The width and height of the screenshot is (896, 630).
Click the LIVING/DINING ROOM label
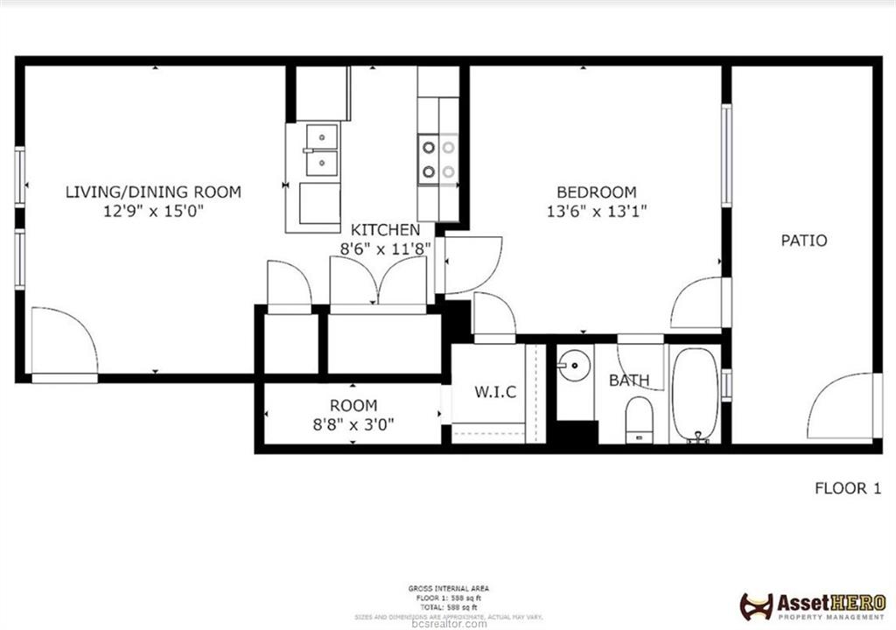coord(153,192)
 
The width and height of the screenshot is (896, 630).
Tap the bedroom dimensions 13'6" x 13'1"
coord(597,210)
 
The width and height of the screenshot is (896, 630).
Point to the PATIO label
coord(803,240)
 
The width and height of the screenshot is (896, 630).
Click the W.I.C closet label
coord(495,393)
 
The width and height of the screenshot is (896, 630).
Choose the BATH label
coord(629,380)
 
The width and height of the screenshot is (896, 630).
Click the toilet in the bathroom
coord(640,418)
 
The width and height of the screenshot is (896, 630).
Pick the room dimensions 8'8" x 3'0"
coord(354,424)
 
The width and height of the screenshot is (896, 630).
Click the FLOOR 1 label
coord(847,488)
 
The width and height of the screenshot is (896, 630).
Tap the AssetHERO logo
coord(813,605)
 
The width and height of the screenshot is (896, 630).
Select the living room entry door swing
coord(63,341)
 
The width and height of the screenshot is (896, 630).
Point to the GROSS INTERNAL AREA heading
coord(448,588)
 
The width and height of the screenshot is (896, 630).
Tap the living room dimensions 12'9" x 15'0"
coord(153,210)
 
